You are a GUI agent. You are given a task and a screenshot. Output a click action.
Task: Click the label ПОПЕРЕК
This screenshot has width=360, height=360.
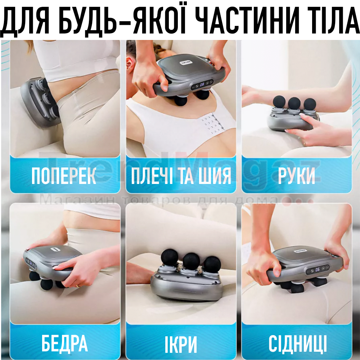(64, 176)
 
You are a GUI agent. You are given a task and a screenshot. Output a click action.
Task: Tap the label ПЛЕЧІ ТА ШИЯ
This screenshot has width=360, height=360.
(181, 176)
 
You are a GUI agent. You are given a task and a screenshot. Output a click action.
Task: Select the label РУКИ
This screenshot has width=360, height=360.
(296, 176)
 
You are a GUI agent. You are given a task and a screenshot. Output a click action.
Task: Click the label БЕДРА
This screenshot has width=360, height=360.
(64, 343)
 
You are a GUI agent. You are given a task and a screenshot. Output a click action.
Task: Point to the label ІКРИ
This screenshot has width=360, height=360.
(181, 345)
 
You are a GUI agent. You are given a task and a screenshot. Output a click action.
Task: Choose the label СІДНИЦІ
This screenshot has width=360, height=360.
(298, 343)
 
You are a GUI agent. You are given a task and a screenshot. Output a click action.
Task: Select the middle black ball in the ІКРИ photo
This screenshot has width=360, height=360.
(192, 261)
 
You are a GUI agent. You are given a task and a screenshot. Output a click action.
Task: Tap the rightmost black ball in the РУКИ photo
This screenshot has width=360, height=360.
(310, 104)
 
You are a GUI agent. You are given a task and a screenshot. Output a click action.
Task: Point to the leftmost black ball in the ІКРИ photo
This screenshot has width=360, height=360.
(170, 257)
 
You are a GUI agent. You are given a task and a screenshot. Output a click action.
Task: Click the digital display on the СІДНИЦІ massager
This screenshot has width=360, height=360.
(318, 269)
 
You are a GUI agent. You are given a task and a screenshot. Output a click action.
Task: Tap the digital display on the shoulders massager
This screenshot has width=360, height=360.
(202, 85)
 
